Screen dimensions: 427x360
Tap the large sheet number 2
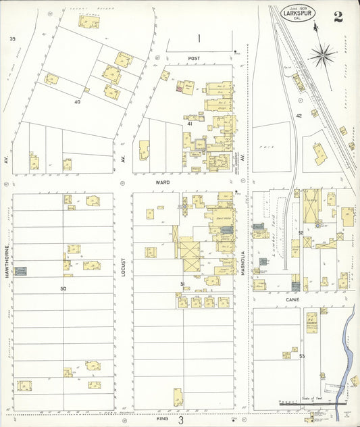337,16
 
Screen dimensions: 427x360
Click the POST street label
195,59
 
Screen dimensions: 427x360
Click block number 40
77,101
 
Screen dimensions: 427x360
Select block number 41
190,124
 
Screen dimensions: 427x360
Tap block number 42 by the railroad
299,116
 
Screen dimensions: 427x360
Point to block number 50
63,288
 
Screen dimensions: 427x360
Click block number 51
182,283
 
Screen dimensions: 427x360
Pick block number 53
302,355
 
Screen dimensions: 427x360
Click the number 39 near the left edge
12,39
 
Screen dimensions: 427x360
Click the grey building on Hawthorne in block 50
21,270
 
